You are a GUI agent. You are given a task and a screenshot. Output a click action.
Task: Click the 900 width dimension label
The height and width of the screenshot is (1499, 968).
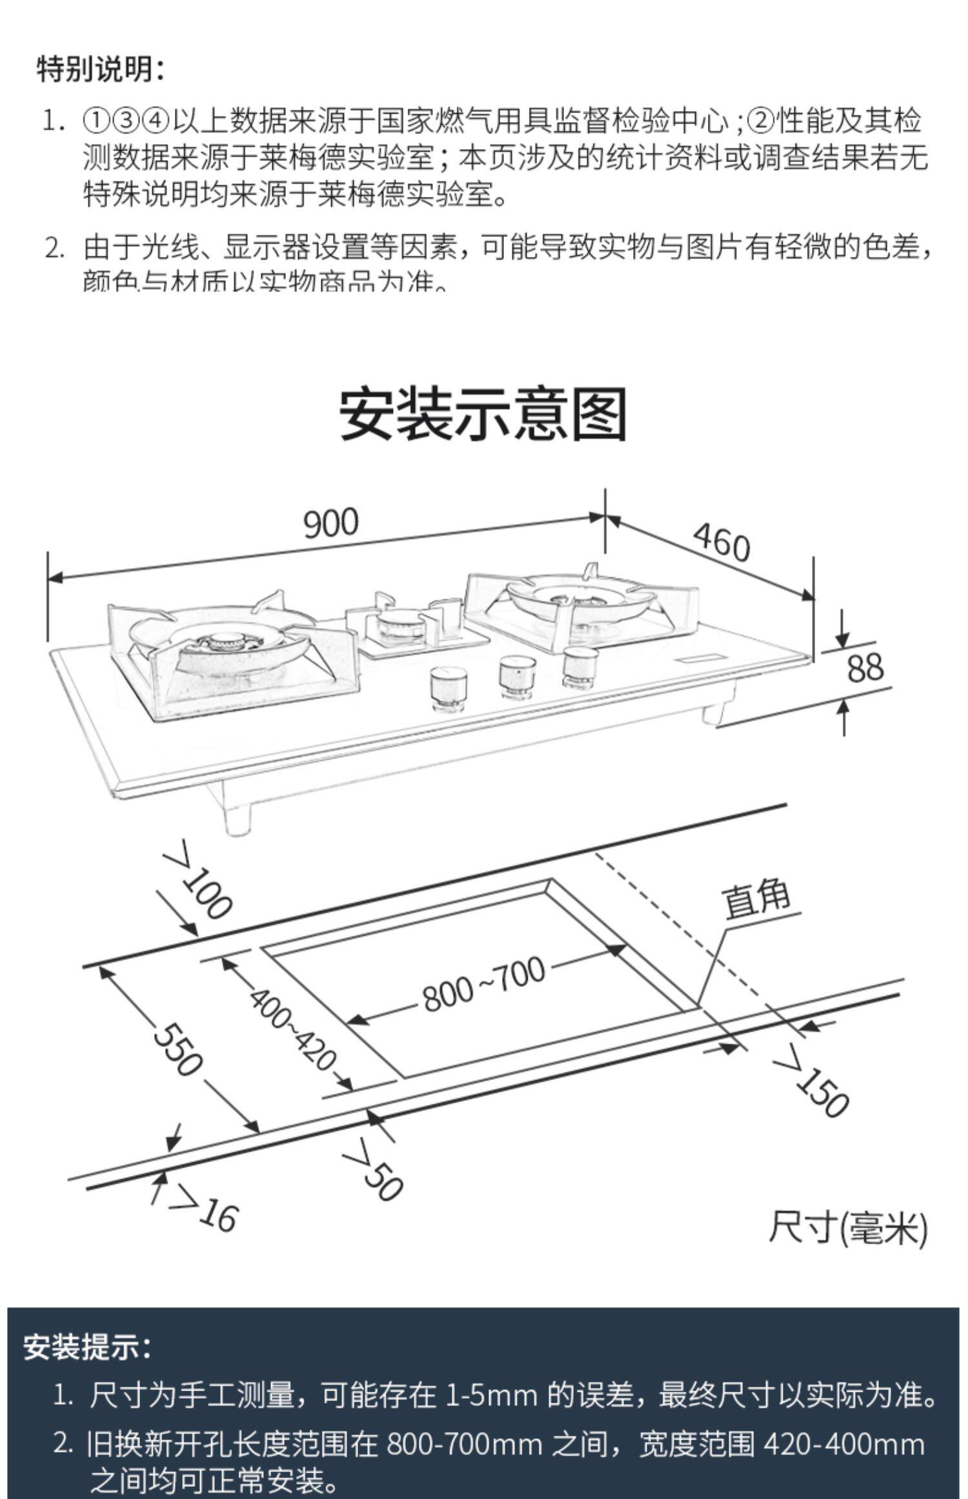[330, 522]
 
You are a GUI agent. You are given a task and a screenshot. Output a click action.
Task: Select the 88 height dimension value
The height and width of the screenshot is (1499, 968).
[864, 668]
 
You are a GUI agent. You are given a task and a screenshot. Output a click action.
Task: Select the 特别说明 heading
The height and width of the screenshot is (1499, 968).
[101, 69]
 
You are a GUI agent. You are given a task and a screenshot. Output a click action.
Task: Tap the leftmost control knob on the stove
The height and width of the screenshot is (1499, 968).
[448, 687]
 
